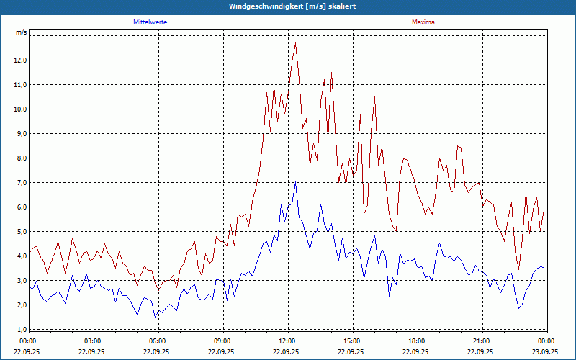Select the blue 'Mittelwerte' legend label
click(x=150, y=22)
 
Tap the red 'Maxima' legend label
click(x=423, y=22)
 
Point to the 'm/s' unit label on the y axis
click(x=21, y=33)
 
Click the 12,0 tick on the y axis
click(x=19, y=60)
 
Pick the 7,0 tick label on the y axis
click(x=19, y=183)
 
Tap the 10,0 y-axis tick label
click(x=19, y=109)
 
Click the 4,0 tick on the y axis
click(x=19, y=256)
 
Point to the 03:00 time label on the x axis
click(x=93, y=341)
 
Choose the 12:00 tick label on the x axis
click(x=287, y=341)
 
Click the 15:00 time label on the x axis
click(x=352, y=341)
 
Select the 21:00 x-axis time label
click(x=482, y=341)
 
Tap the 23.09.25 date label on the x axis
click(x=546, y=352)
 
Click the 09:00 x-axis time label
click(x=222, y=341)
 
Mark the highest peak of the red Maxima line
click(x=295, y=43)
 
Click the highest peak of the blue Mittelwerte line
click(x=295, y=182)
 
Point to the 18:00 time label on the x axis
click(x=417, y=341)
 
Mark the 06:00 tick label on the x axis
click(x=158, y=341)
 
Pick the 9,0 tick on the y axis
click(x=19, y=134)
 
